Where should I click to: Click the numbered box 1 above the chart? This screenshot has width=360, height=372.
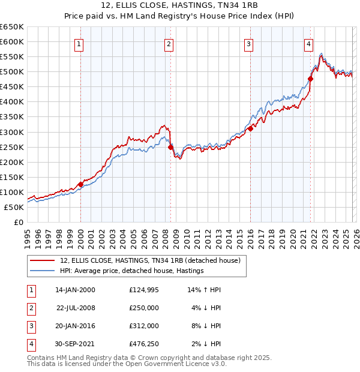(x=80, y=43)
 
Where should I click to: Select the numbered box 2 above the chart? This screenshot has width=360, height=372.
(x=169, y=43)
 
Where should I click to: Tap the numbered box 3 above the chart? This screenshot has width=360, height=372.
(x=248, y=43)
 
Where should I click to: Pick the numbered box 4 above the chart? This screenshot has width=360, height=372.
(x=308, y=43)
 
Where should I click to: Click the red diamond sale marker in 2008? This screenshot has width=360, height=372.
(x=170, y=147)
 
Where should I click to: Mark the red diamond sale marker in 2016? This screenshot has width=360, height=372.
(x=250, y=128)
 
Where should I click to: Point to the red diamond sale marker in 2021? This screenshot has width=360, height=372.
(x=311, y=79)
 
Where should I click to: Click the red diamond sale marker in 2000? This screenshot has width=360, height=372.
(x=80, y=184)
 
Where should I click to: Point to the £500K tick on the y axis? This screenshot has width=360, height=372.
(x=12, y=71)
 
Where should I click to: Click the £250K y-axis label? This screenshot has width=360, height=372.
(x=12, y=147)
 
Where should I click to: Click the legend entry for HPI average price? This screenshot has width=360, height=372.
(x=131, y=271)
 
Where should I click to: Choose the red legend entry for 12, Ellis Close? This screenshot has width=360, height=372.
(x=150, y=260)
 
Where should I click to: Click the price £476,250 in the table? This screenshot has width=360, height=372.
(x=143, y=344)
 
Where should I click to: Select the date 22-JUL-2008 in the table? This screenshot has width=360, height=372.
(x=75, y=308)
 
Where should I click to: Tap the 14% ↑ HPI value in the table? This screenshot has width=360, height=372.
(x=204, y=290)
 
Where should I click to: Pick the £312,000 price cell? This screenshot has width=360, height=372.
(x=143, y=326)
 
